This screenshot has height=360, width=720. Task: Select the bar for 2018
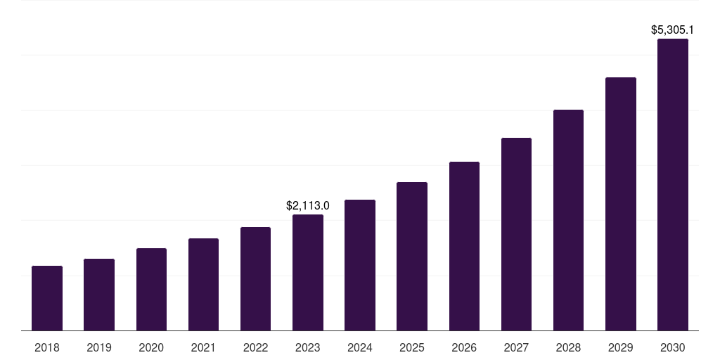47,298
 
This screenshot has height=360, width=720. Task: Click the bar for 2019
99,295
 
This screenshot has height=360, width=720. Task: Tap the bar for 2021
203,285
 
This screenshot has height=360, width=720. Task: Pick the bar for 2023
308,273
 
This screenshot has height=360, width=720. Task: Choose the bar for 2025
412,257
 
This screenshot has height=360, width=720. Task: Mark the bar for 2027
516,234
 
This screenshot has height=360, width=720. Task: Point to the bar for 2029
620,204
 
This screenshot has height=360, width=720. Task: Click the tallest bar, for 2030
673,185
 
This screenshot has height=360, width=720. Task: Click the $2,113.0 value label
308,206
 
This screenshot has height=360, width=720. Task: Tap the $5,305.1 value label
673,30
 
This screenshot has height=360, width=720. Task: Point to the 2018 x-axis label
47,347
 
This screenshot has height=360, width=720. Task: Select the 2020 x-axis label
151,347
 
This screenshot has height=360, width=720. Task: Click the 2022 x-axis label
255,347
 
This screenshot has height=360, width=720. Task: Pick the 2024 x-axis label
360,347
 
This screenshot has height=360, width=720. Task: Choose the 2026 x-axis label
464,347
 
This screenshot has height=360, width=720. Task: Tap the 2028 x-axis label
568,347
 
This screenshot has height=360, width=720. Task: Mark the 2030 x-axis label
673,347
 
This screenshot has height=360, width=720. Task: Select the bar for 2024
360,265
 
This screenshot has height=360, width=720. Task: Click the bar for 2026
464,246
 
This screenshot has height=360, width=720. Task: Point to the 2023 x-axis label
308,347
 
